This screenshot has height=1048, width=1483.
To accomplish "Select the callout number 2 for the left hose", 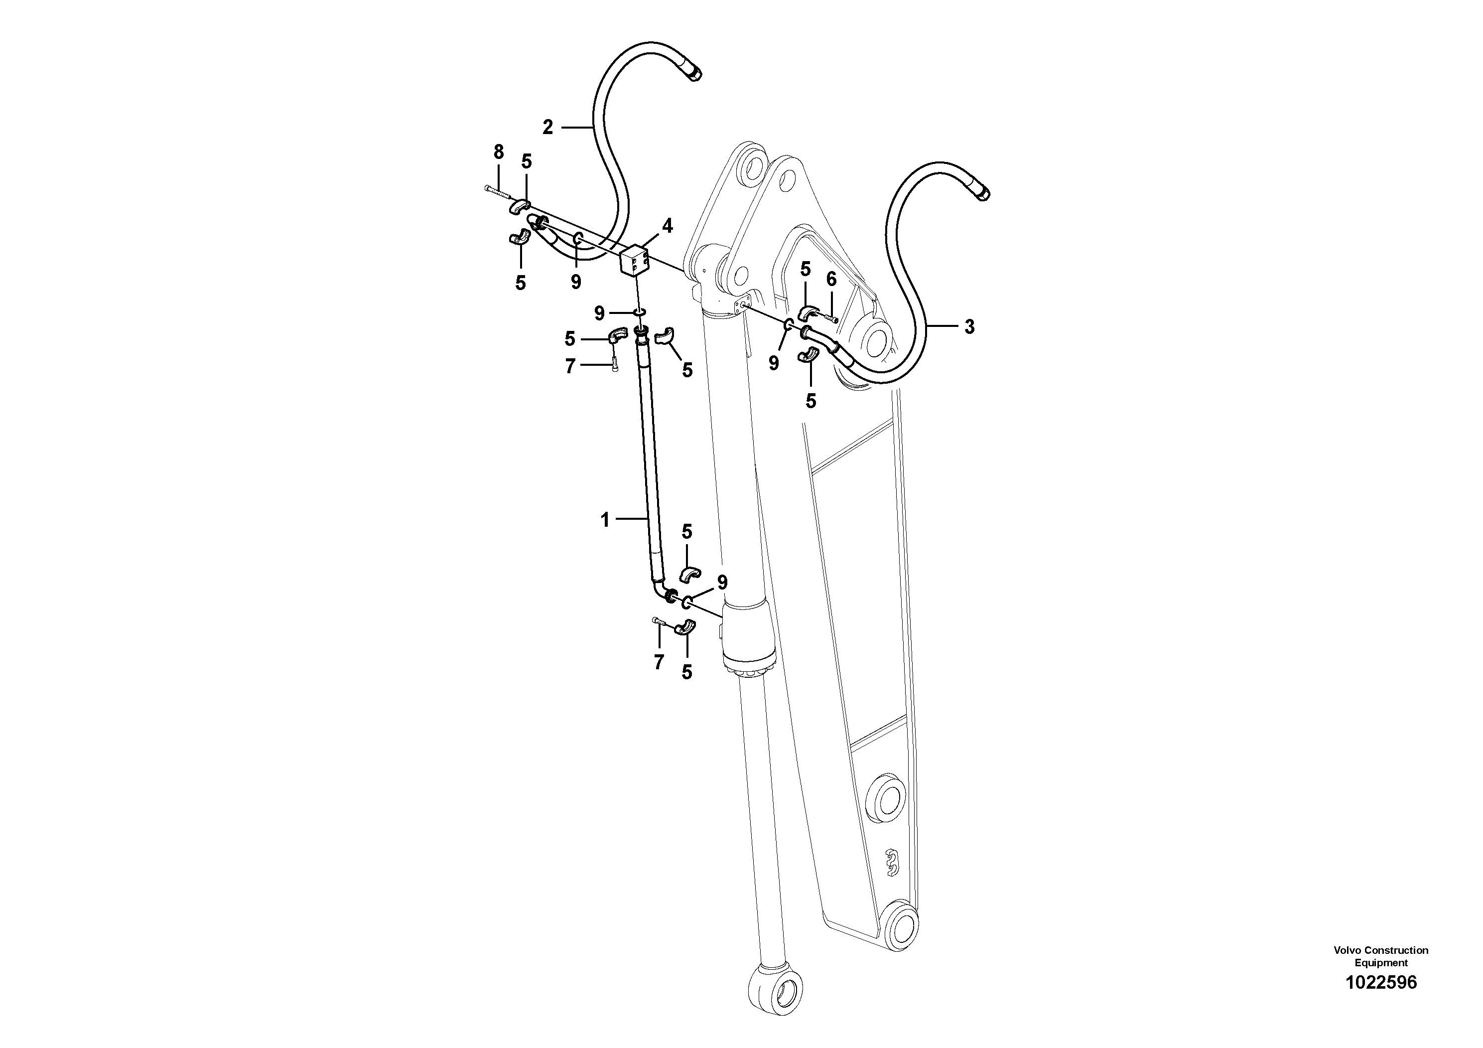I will pos(548,127).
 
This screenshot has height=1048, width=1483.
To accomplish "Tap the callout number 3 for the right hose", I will pos(969,327).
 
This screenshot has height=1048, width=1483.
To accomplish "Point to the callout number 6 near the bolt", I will pos(831,279).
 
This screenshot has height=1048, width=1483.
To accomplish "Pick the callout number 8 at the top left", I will pos(498,152).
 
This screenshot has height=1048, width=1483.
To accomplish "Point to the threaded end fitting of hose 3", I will pos(982,192).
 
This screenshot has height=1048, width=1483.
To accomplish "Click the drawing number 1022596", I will pos(1380,983).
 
